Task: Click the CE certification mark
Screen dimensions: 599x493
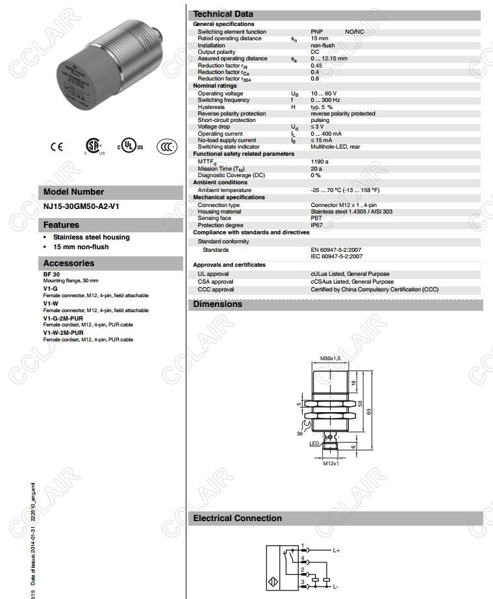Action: (x=57, y=147)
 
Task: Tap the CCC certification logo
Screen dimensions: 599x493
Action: (x=167, y=147)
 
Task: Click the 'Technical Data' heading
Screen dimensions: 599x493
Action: (x=223, y=14)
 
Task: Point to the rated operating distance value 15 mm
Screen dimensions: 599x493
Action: (x=319, y=39)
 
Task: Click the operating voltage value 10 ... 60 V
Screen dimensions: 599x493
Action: (x=323, y=93)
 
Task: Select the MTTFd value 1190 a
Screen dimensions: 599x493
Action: (x=320, y=162)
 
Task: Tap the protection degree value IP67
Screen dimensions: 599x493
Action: (x=316, y=225)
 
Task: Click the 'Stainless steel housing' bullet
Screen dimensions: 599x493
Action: (x=91, y=238)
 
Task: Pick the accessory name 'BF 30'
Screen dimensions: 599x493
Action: (x=51, y=275)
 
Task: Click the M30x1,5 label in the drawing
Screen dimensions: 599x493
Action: (x=331, y=358)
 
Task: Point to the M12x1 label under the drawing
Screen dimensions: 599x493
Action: (x=331, y=464)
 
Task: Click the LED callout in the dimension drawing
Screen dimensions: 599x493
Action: (x=314, y=443)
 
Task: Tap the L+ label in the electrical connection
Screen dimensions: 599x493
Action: (x=336, y=550)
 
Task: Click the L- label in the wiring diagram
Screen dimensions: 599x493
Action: (x=336, y=586)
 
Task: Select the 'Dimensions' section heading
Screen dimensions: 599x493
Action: (x=218, y=304)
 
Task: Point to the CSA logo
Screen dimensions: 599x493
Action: (x=94, y=146)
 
